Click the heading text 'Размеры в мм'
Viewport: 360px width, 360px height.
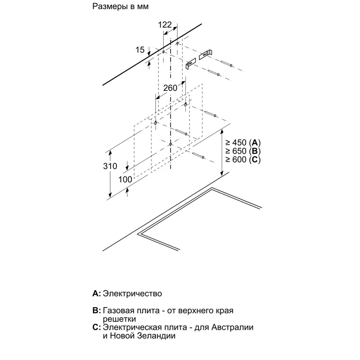pos(120,7)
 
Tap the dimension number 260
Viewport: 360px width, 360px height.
pos(170,88)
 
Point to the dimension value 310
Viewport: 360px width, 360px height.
pos(110,166)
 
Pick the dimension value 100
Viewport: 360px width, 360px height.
pos(125,180)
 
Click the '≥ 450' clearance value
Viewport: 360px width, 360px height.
pos(237,142)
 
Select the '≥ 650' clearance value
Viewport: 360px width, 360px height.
pos(237,151)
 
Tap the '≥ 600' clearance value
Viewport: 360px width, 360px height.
pos(237,160)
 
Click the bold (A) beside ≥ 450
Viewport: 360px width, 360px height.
pos(256,142)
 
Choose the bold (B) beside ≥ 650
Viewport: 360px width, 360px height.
pos(256,151)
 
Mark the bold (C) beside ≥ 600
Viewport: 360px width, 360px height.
pos(256,160)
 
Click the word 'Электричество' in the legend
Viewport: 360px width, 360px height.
pos(132,293)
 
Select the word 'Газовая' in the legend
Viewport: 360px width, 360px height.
pos(118,311)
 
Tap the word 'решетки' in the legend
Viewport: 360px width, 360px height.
pos(120,319)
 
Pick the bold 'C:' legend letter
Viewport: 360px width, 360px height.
pos(97,327)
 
